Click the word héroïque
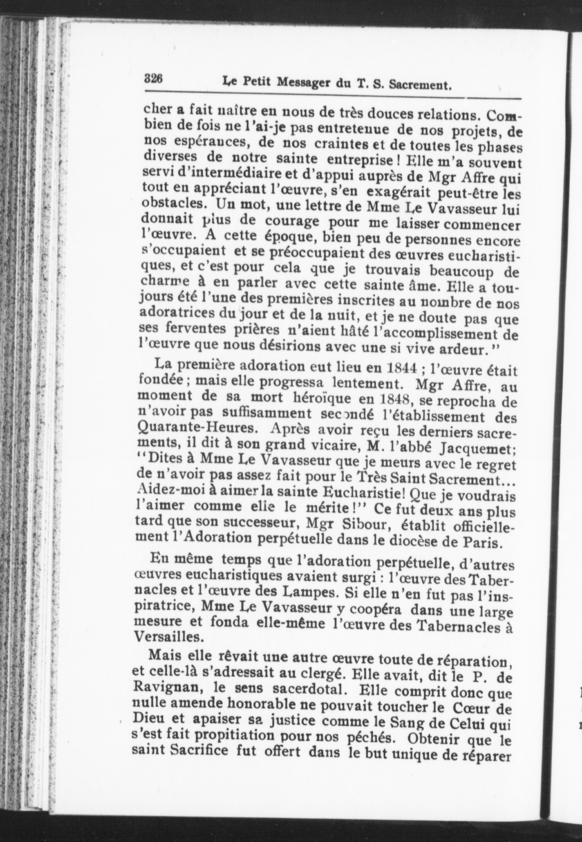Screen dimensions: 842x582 coord(321,398)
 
